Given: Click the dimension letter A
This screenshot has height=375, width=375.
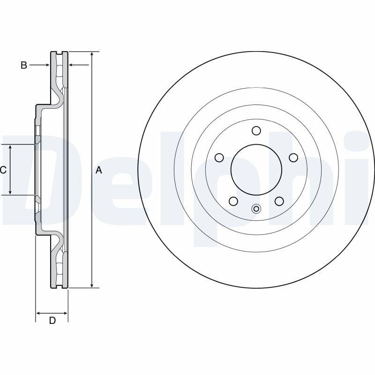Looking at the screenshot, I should [98, 170].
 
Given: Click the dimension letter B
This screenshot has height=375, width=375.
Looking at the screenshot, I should [23, 66].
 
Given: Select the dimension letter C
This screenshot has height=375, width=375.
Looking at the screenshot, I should [3, 170].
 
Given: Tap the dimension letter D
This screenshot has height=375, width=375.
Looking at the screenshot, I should [52, 321].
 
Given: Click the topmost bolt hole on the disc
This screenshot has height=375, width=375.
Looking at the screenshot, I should [256, 130].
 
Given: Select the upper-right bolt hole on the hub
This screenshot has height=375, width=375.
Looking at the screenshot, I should [293, 157].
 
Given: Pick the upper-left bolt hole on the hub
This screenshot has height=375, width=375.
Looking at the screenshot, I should [218, 157].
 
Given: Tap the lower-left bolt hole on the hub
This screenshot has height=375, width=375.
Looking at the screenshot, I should [232, 201].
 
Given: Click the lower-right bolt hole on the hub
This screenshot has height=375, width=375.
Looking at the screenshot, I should [279, 201].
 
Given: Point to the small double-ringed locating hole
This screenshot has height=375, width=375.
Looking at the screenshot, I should [256, 209].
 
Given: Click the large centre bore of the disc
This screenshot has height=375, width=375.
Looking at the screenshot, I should [256, 170].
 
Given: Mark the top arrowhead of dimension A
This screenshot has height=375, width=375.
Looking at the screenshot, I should [92, 54].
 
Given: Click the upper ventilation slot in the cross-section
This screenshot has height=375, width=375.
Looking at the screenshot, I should [59, 70].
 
